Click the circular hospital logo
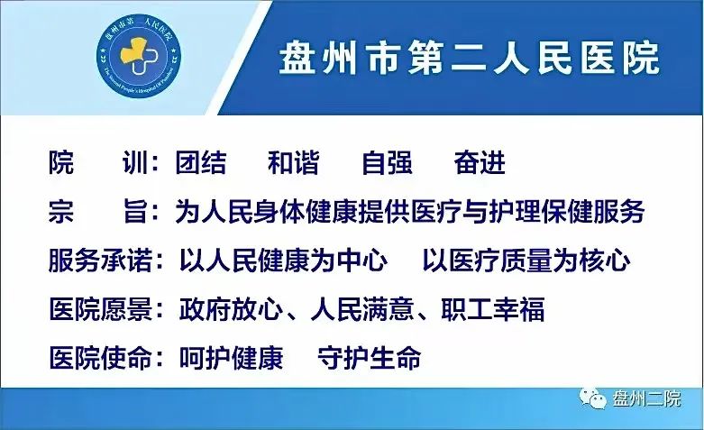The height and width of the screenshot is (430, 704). [141, 59]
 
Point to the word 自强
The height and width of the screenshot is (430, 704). [387, 163]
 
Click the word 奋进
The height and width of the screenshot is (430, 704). [480, 163]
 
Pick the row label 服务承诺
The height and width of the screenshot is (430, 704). [99, 261]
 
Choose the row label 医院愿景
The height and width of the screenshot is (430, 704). [99, 310]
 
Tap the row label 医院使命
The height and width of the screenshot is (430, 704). [99, 358]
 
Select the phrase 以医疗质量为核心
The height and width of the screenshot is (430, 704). [526, 261]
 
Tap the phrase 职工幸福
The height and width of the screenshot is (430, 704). [492, 310]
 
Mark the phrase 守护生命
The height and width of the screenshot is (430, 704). [370, 358]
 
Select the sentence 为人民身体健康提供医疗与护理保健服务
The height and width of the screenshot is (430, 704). [409, 213]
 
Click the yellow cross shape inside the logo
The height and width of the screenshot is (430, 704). [135, 54]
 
